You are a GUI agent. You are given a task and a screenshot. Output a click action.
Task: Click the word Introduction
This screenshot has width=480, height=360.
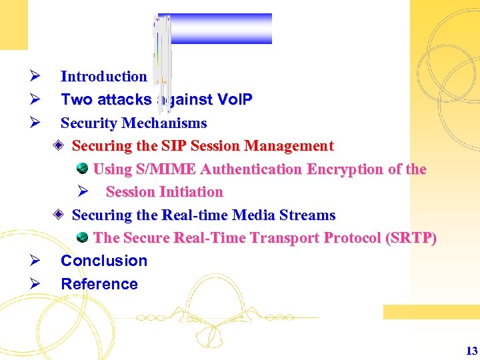[103, 77]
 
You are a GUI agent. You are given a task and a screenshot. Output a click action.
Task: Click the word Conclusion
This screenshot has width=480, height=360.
[104, 261]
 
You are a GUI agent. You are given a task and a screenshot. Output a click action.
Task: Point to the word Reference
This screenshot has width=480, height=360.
[99, 284]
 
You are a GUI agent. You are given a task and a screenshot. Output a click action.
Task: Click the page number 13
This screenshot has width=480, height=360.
[471, 351]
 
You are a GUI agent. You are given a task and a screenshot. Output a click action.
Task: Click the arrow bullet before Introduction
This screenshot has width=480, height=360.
[36, 77]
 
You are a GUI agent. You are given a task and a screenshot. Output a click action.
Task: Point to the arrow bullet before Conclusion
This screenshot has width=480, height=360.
[36, 261]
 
